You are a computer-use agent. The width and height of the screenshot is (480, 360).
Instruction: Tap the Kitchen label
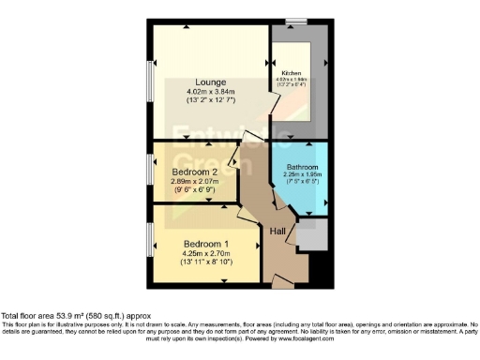point(291,73)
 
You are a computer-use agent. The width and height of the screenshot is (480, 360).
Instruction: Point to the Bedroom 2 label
point(194,172)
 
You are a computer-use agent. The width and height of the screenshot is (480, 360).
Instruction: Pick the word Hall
point(278,232)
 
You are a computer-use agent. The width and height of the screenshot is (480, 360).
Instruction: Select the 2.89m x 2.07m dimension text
point(194,181)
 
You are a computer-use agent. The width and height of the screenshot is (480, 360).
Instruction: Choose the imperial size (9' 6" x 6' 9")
point(194,190)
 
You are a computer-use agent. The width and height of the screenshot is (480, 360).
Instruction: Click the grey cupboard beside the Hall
point(311,234)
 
